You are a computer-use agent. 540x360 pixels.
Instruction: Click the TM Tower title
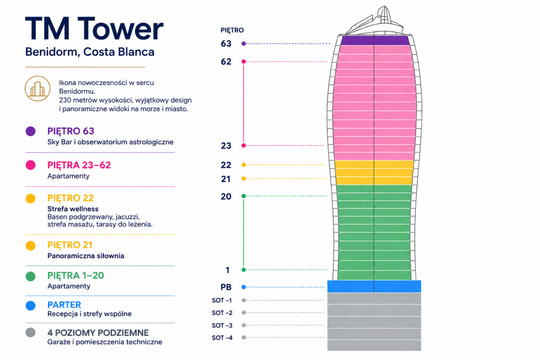(x=94, y=28)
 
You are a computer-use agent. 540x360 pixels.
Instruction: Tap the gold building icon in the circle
(x=38, y=89)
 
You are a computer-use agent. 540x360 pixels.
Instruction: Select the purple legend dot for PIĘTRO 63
(x=31, y=131)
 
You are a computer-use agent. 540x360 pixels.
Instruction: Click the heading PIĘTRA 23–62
(x=79, y=165)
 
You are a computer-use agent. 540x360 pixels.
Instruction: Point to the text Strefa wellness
(x=73, y=209)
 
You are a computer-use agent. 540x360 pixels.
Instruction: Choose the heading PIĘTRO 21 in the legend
(x=70, y=245)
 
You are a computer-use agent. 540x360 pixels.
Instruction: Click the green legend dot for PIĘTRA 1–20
(x=31, y=276)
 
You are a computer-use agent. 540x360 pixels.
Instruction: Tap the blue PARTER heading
(x=64, y=305)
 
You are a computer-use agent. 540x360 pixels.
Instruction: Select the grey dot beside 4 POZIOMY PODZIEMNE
(x=31, y=332)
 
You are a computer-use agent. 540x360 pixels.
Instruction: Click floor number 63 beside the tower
(x=226, y=44)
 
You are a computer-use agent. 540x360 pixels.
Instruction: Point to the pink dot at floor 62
(x=244, y=62)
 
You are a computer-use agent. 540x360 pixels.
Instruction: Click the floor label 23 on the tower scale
(x=226, y=146)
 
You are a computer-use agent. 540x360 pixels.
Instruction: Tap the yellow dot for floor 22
(x=244, y=165)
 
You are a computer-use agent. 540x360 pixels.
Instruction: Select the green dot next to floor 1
(x=244, y=270)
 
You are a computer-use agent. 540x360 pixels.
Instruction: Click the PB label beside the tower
(x=226, y=287)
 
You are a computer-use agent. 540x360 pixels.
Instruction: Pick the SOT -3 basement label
(x=222, y=325)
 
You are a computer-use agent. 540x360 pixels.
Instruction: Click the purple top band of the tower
(x=375, y=40)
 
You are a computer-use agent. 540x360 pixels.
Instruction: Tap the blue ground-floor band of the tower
(x=374, y=286)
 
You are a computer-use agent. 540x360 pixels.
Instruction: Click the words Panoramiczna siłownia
(x=86, y=256)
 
